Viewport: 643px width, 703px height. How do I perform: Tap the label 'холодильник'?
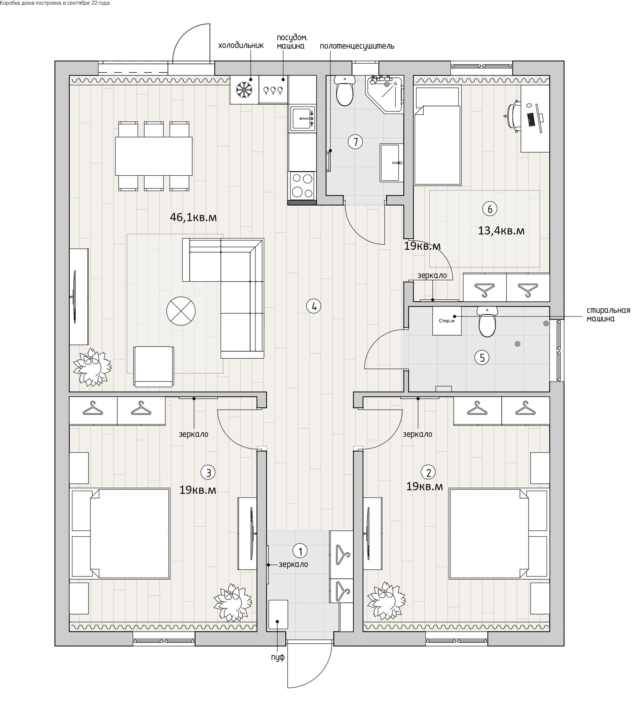(241, 45)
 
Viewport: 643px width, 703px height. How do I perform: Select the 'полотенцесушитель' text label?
(357, 46)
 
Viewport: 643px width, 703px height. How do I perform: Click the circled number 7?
(355, 142)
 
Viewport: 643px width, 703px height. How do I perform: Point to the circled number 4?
(313, 306)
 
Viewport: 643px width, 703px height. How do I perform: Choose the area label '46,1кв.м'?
(193, 218)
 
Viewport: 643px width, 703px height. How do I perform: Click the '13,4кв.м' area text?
(501, 231)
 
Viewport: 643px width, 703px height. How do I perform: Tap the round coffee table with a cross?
(181, 311)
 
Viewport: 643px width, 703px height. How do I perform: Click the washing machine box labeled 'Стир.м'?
(447, 320)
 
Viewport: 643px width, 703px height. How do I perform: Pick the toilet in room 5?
(487, 321)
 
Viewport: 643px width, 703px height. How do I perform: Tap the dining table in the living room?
(154, 156)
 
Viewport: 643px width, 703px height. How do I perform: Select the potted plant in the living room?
(92, 367)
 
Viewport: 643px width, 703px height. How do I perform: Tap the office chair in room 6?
(513, 116)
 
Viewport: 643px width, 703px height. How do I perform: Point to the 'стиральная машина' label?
(608, 314)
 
